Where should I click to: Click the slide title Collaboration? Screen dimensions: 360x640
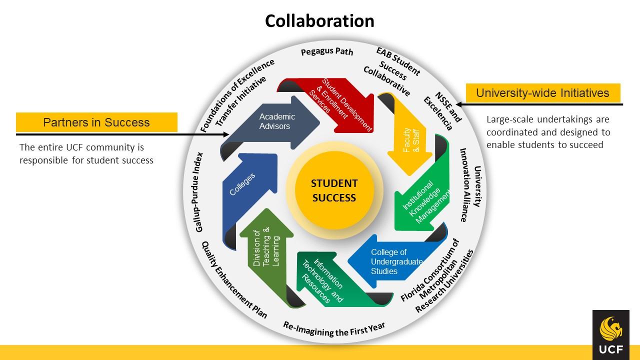[319, 21]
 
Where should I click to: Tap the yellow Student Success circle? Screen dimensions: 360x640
[334, 190]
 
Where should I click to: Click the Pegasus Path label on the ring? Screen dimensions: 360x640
[327, 51]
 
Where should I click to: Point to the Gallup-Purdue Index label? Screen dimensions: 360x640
[199, 192]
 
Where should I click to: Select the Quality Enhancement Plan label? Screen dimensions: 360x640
[234, 280]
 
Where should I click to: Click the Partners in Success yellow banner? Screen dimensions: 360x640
[96, 122]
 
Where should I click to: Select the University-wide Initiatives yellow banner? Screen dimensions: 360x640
[542, 93]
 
